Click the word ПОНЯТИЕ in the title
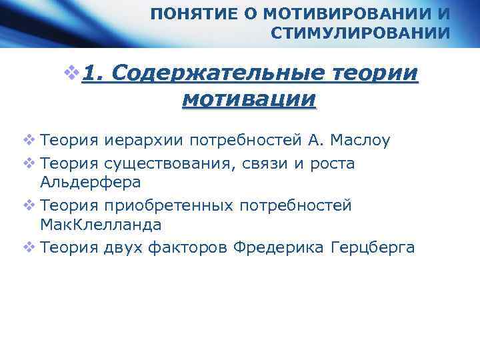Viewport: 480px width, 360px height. (x=190, y=13)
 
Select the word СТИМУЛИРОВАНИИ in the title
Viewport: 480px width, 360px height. (x=360, y=33)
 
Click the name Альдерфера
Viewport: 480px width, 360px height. (x=91, y=181)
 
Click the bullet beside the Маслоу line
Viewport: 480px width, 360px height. (x=28, y=141)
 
